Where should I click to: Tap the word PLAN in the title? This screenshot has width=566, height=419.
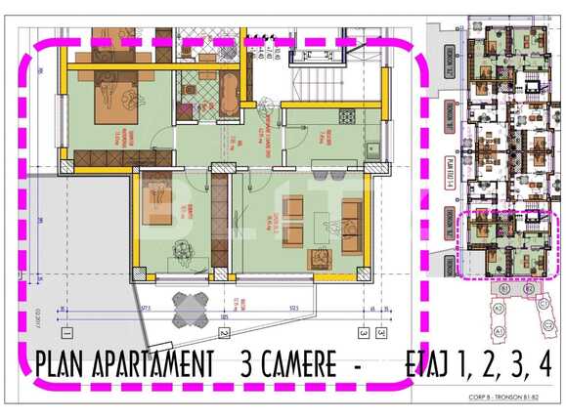click(58, 364)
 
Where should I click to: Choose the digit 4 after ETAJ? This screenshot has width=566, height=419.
click(544, 364)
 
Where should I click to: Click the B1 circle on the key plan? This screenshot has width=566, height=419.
click(504, 289)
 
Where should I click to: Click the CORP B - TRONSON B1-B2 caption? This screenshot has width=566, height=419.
click(515, 399)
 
